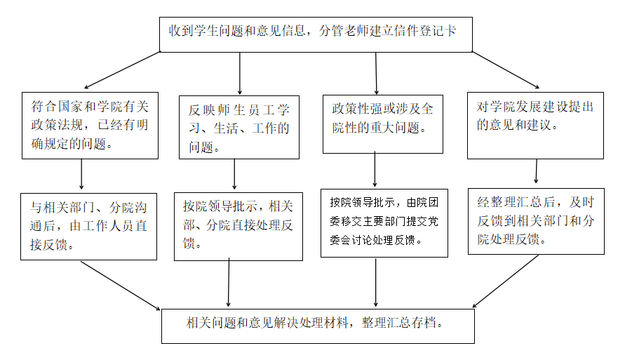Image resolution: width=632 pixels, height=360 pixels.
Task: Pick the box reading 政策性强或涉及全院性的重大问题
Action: coord(383,124)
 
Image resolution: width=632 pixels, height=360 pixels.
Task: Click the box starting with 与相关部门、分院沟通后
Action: coord(89,226)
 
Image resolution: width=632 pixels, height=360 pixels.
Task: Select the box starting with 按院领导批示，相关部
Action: coord(238,226)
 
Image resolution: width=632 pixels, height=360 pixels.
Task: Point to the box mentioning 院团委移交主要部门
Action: coord(384,222)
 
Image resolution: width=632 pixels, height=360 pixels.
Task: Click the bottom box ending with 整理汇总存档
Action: coord(318,325)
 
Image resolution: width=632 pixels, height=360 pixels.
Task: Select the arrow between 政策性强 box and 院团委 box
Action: coord(375,171)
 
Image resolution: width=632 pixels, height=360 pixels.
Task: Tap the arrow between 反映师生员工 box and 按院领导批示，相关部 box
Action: coord(234,173)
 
